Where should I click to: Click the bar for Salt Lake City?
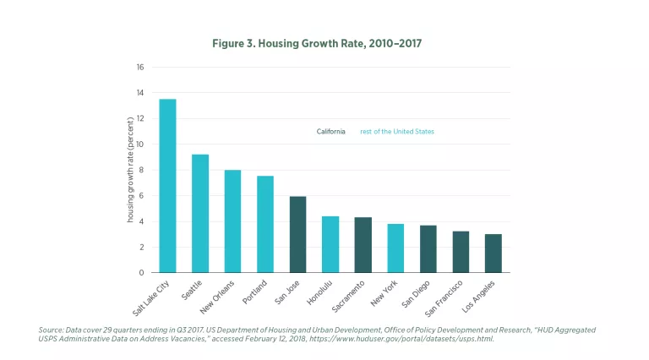pos(167,186)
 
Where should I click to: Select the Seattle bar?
pos(200,214)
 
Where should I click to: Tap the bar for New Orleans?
pos(232,221)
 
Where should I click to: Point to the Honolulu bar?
pos(330,244)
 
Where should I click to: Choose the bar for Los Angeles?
pos(494,254)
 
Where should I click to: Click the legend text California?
pos(330,132)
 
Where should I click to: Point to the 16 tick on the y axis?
pos(140,67)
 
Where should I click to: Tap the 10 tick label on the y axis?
pos(140,145)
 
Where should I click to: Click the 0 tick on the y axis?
pos(142,273)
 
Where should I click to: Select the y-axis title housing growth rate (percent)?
pos(131,169)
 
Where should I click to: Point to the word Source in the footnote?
pos(52,329)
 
